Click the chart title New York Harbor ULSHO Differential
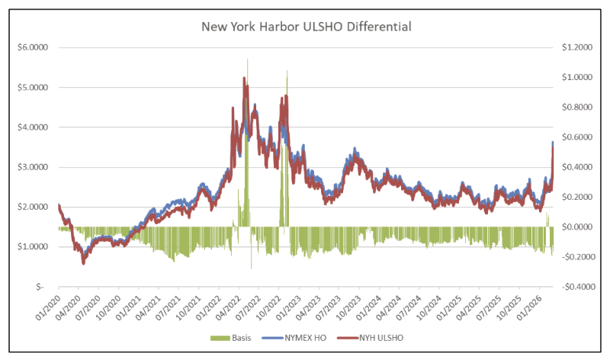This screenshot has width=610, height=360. (307, 27)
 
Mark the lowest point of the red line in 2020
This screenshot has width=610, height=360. (83, 263)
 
